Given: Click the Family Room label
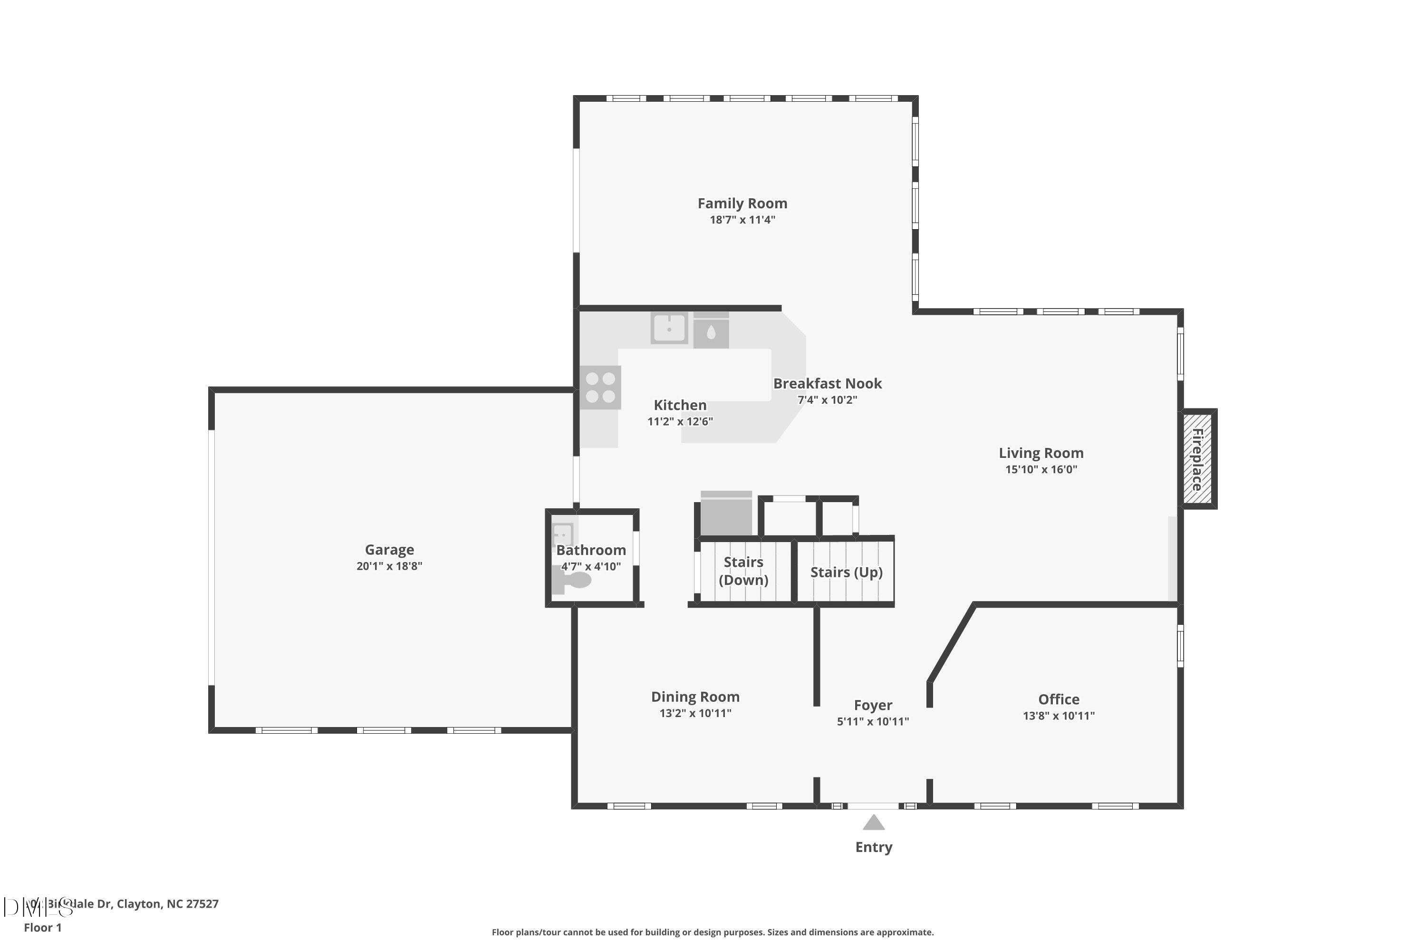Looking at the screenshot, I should [x=742, y=203].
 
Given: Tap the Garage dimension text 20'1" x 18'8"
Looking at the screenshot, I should [x=389, y=566].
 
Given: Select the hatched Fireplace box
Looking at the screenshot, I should [x=1197, y=459].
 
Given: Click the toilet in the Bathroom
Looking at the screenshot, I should [x=572, y=582].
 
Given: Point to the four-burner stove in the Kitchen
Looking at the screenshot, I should [x=600, y=388].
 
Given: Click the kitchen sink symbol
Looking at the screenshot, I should [x=669, y=328].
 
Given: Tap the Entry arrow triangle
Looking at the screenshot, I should [x=874, y=823].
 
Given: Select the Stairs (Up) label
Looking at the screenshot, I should [x=847, y=572].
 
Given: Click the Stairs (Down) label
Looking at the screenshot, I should [x=743, y=571].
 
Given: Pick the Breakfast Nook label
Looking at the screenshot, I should [x=827, y=383].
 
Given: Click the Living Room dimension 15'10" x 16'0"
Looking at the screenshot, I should [x=1041, y=469].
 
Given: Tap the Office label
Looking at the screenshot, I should [x=1059, y=699].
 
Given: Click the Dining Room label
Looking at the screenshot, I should [x=695, y=697].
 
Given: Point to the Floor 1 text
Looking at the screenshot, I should [x=42, y=927].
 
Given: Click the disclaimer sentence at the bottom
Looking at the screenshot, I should [x=713, y=932].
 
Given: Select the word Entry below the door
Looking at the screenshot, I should [x=874, y=847].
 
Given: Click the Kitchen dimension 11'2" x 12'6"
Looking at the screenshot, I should [x=680, y=421].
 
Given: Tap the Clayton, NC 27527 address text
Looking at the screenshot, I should [x=167, y=904].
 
